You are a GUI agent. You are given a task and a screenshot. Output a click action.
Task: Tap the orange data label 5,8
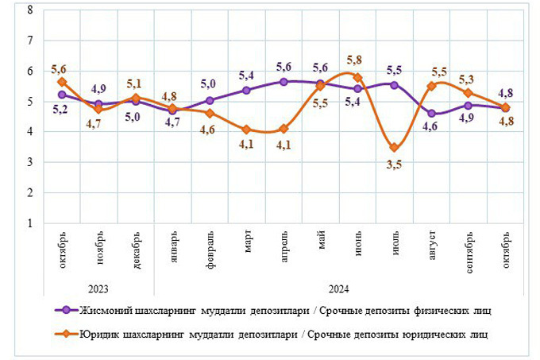pos(355,60)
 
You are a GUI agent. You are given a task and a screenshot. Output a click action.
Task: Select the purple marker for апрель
pos(283,81)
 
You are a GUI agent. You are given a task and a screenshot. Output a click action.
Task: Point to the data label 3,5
pos(394,165)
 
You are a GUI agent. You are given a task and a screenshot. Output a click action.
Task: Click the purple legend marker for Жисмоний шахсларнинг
pos(70,310)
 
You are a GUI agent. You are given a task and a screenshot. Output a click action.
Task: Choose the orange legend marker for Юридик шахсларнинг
pos(70,335)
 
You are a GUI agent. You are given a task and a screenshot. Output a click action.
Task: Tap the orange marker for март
pos(246,130)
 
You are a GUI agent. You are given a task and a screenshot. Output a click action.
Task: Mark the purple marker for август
pos(432,114)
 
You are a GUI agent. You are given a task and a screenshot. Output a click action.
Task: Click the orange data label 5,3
pos(467,79)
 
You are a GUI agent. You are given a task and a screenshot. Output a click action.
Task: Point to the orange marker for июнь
pos(357,78)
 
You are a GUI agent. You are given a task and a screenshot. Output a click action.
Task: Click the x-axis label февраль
pos(210,247)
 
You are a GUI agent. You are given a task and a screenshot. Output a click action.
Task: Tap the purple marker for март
pos(246,91)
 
